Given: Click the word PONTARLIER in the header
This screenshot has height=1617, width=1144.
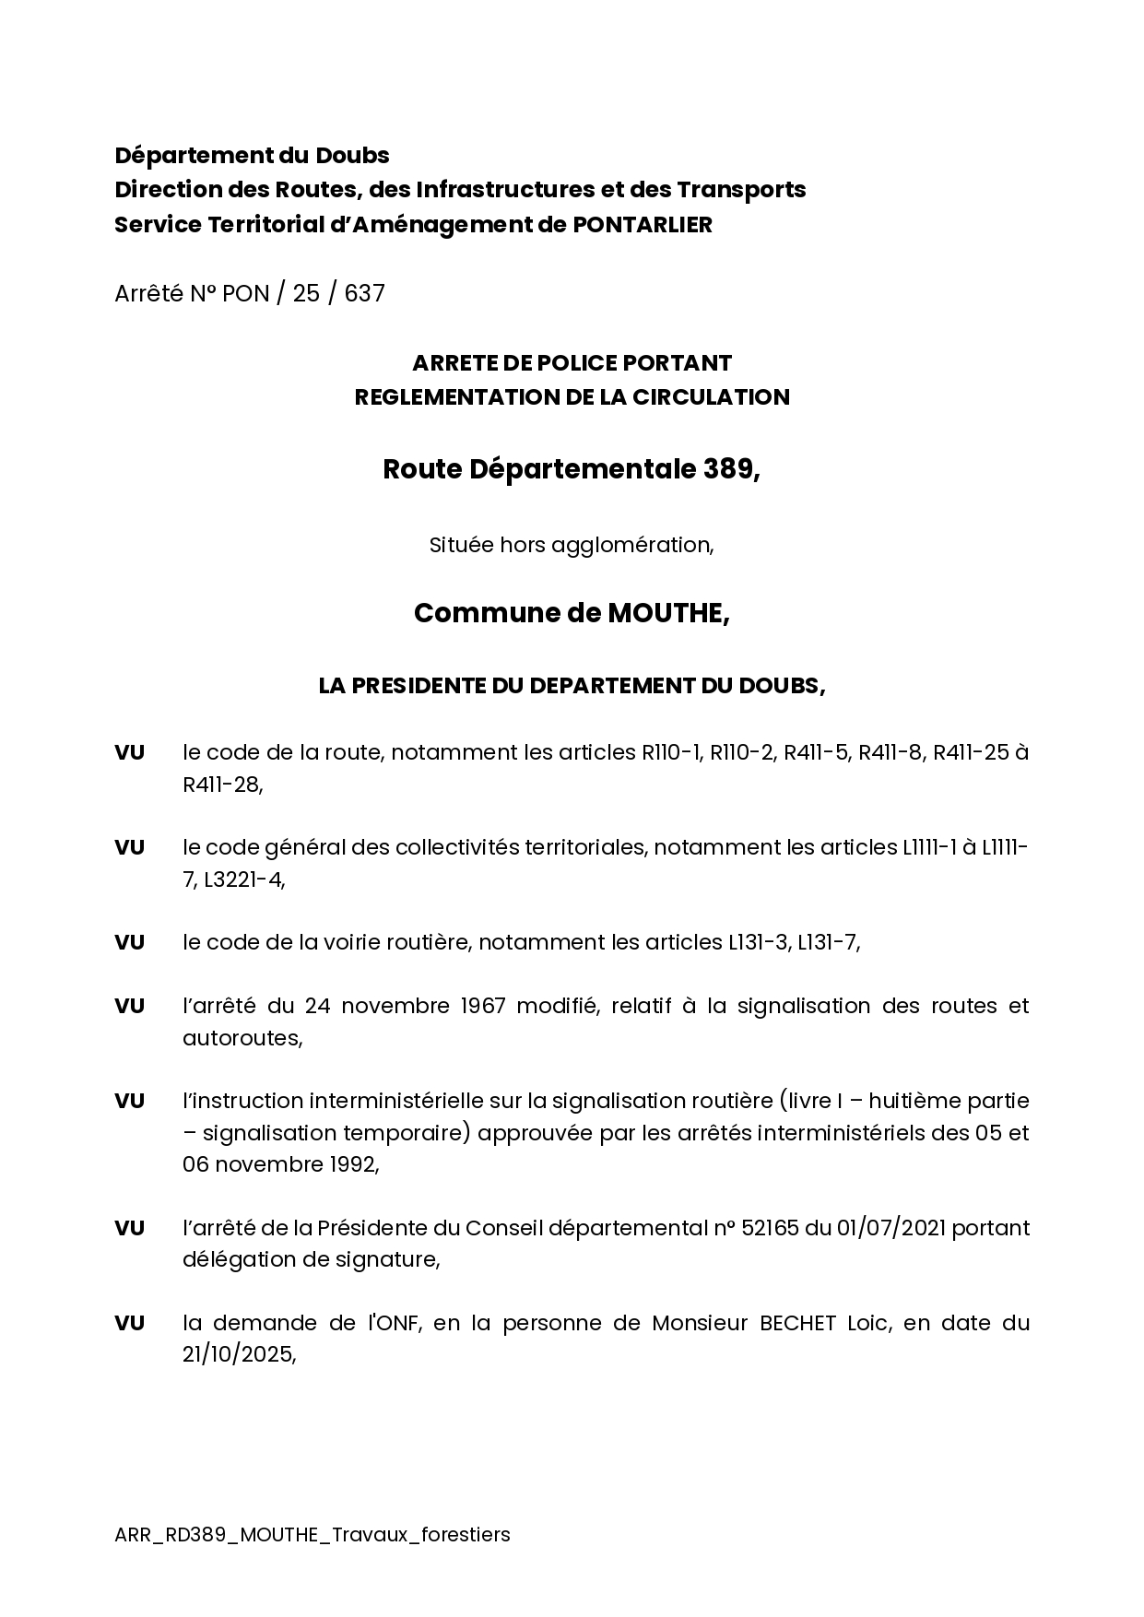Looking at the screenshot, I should click(x=643, y=224).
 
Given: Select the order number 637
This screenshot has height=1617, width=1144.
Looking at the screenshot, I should click(x=365, y=293).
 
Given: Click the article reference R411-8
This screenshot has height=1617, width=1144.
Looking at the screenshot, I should click(x=890, y=752).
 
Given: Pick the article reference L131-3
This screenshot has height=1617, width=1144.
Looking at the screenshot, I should click(x=758, y=942).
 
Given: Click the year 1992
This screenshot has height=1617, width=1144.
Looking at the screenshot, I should click(x=353, y=1164).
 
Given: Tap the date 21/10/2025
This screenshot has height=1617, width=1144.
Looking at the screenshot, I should click(x=239, y=1355).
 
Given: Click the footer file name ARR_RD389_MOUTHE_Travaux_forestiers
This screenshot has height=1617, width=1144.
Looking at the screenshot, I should click(x=313, y=1535).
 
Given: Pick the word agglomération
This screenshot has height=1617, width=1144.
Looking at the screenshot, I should click(x=631, y=545).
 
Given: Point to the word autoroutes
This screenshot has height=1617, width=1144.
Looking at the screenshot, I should click(x=242, y=1038).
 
